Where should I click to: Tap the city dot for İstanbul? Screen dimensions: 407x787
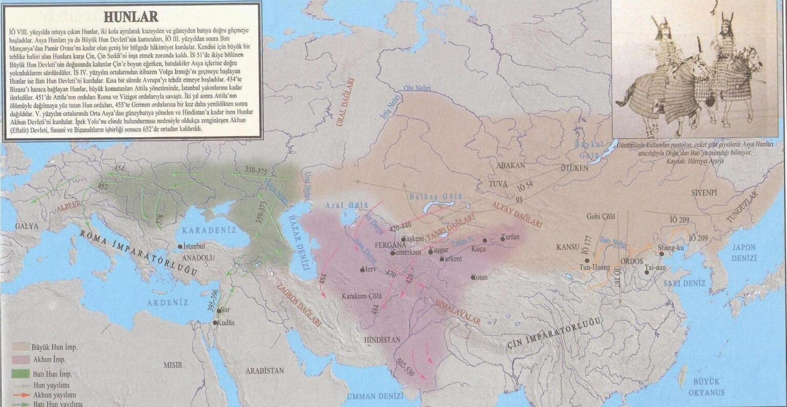(180, 247)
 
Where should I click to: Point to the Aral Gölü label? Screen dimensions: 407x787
(347, 206)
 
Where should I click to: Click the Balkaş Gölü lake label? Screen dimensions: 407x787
(436, 197)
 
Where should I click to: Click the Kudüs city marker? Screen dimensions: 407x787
(214, 323)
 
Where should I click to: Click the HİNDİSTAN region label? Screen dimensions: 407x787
(383, 339)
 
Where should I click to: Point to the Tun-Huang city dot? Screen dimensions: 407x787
(587, 261)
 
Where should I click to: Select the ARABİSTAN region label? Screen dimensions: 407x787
(264, 371)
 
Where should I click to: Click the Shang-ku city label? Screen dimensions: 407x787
(671, 248)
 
